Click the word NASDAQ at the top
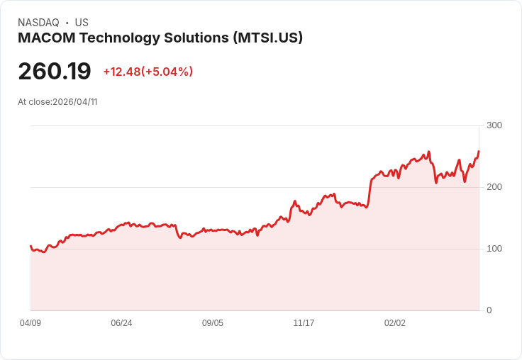tap(39, 23)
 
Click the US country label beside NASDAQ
tap(82, 23)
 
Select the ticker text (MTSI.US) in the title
tap(268, 38)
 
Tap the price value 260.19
tap(55, 72)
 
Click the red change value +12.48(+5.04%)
tap(148, 72)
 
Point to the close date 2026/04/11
tap(74, 102)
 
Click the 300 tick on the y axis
tap(494, 125)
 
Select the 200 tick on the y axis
tap(494, 187)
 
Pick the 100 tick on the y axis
tap(494, 249)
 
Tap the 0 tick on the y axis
tap(489, 310)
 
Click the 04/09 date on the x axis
tap(30, 323)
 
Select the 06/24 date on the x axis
tap(121, 323)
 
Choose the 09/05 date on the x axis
tap(213, 323)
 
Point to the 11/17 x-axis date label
tap(304, 323)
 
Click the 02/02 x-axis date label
tap(395, 323)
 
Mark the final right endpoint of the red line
tap(479, 151)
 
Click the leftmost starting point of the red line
tap(30, 246)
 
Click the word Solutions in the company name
tap(198, 38)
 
